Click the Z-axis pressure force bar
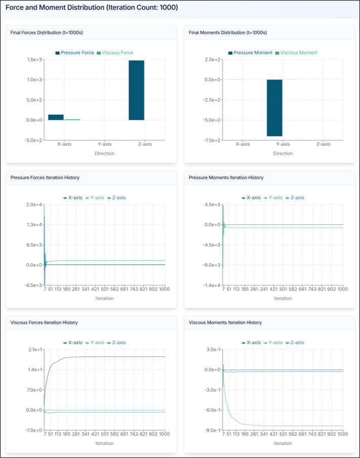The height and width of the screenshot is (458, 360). (137, 90)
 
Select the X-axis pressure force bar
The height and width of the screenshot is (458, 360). (56, 117)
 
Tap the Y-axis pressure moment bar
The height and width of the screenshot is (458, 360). (275, 108)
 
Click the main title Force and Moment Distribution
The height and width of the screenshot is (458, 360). (92, 8)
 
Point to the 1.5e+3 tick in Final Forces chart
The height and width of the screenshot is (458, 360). (34, 60)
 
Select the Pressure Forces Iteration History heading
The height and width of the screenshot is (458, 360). (45, 178)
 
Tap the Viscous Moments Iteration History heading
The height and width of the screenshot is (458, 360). (225, 322)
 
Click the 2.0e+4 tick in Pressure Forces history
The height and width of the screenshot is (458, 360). (34, 204)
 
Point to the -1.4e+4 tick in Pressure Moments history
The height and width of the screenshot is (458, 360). (212, 285)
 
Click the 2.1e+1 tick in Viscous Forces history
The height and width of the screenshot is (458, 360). (34, 350)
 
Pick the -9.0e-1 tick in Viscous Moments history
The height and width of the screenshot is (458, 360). (212, 430)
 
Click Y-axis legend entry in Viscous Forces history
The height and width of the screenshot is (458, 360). (95, 343)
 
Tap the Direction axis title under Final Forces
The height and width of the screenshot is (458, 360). (105, 153)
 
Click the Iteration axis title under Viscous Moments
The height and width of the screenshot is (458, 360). (283, 443)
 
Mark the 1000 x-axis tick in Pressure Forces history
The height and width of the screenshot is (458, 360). (164, 289)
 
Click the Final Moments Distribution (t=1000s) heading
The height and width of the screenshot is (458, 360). (228, 32)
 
